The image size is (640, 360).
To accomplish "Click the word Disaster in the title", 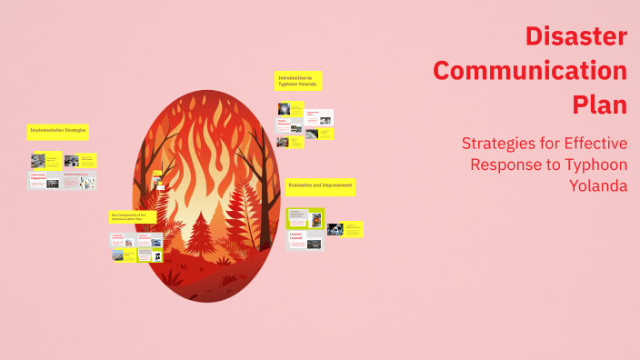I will (x=576, y=37).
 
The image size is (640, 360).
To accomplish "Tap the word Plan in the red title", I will (x=600, y=105).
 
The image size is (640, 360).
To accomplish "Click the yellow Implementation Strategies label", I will (x=57, y=131).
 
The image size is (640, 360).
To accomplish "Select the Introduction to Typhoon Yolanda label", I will (x=298, y=81).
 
